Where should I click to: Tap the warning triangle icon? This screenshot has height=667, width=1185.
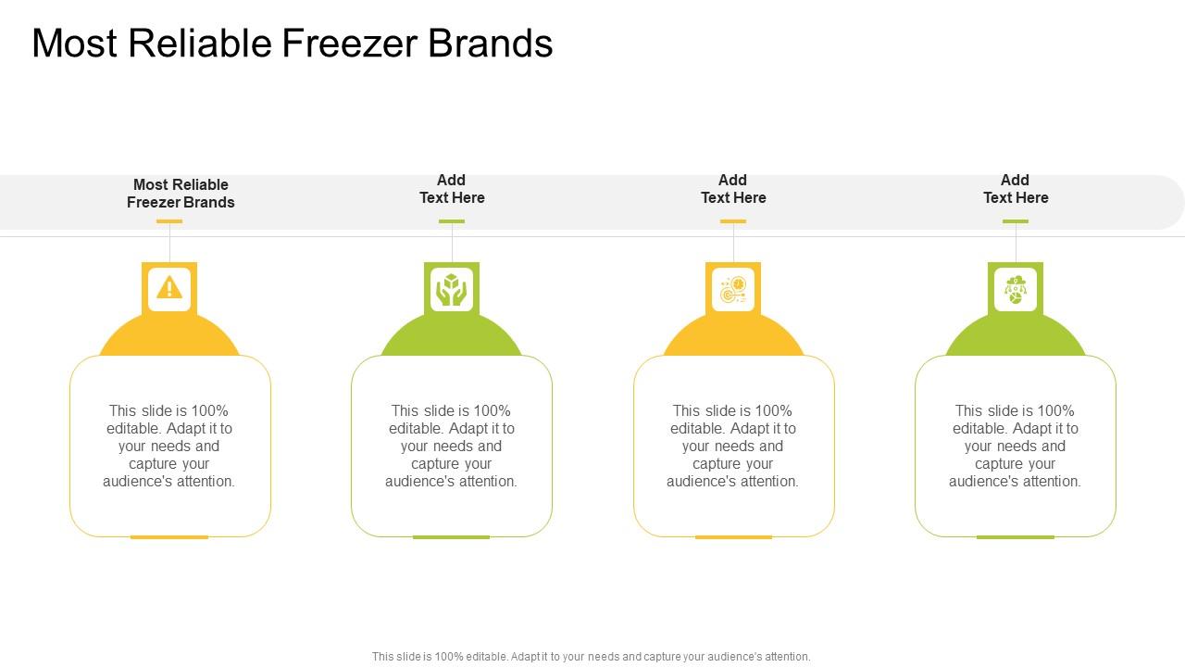pyautogui.click(x=169, y=288)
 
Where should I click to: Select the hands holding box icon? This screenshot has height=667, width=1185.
pyautogui.click(x=452, y=289)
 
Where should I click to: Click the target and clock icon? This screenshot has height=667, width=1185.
pyautogui.click(x=733, y=289)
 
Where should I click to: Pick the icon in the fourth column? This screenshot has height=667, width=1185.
pyautogui.click(x=1016, y=289)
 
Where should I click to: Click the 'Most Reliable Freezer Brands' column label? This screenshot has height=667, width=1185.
pyautogui.click(x=181, y=194)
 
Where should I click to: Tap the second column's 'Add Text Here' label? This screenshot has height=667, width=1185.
pyautogui.click(x=452, y=189)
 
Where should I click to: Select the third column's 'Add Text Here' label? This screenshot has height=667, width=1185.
pyautogui.click(x=733, y=189)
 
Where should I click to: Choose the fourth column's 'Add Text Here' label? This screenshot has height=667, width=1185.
pyautogui.click(x=1016, y=189)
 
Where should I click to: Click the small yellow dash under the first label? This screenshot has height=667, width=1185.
pyautogui.click(x=169, y=221)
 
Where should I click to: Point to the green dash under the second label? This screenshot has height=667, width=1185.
pyautogui.click(x=452, y=221)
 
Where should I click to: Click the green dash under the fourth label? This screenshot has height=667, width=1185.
pyautogui.click(x=1016, y=221)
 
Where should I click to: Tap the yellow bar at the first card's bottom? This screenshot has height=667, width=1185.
pyautogui.click(x=169, y=537)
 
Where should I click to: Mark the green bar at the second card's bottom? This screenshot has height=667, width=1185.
pyautogui.click(x=451, y=537)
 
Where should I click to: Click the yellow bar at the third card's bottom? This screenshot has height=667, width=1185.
pyautogui.click(x=733, y=537)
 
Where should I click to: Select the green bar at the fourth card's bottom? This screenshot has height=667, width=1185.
pyautogui.click(x=1015, y=537)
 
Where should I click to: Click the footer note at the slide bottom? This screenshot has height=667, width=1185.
pyautogui.click(x=591, y=657)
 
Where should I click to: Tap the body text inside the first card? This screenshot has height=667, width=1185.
pyautogui.click(x=169, y=446)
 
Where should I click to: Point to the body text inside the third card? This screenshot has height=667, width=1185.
pyautogui.click(x=733, y=446)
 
